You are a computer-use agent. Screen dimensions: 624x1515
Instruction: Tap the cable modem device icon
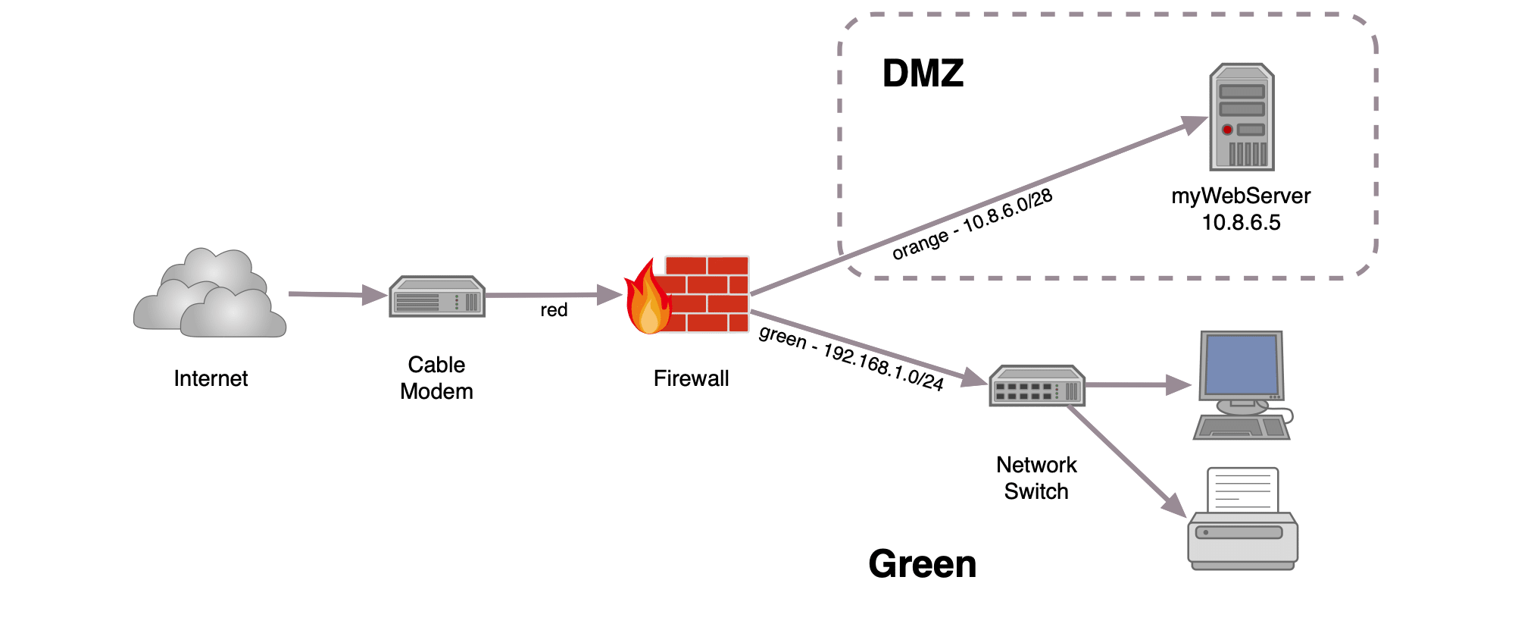[x=437, y=297]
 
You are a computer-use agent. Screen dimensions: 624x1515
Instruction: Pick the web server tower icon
[x=1242, y=118]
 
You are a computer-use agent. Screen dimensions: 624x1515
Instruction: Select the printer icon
[x=1242, y=523]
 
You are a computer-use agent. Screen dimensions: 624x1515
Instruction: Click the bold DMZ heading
[x=923, y=74]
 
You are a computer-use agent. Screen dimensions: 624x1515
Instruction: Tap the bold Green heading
[x=922, y=564]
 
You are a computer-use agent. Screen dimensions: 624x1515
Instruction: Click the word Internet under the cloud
[x=211, y=378]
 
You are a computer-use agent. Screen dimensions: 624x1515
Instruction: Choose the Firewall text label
[x=691, y=378]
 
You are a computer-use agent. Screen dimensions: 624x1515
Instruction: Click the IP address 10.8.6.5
[x=1241, y=223]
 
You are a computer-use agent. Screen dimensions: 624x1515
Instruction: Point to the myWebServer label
[x=1241, y=196]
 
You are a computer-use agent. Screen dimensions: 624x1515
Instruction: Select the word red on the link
[x=554, y=310]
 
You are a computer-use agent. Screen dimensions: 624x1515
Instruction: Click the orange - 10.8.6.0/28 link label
[x=972, y=224]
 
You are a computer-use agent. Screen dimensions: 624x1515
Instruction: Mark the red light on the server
[x=1227, y=130]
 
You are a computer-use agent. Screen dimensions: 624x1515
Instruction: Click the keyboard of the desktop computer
[x=1241, y=428]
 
